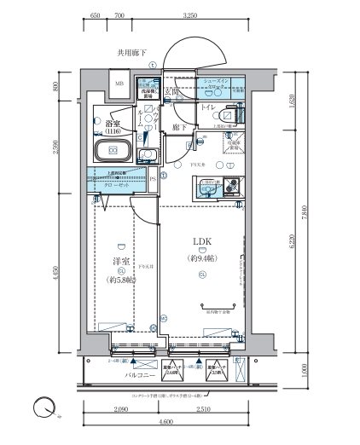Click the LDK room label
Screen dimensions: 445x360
pyautogui.click(x=201, y=241)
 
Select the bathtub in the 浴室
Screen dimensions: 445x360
pyautogui.click(x=110, y=153)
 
